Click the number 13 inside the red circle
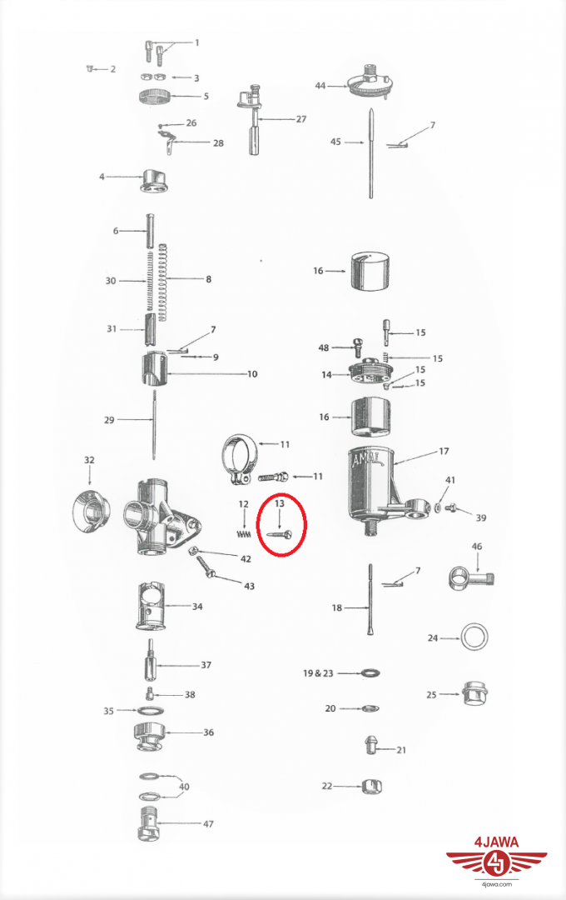[280, 503]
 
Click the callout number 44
[320, 86]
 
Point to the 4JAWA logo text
[497, 842]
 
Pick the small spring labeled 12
[244, 534]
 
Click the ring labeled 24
[475, 637]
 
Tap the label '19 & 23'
[318, 672]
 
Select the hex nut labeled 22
[372, 786]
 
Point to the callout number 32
[89, 460]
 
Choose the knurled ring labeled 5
[156, 97]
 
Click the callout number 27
[301, 119]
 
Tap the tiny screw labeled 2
[89, 69]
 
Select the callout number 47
[208, 823]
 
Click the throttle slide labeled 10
[154, 371]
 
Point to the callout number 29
[109, 419]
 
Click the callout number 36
[208, 732]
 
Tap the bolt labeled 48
[357, 347]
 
